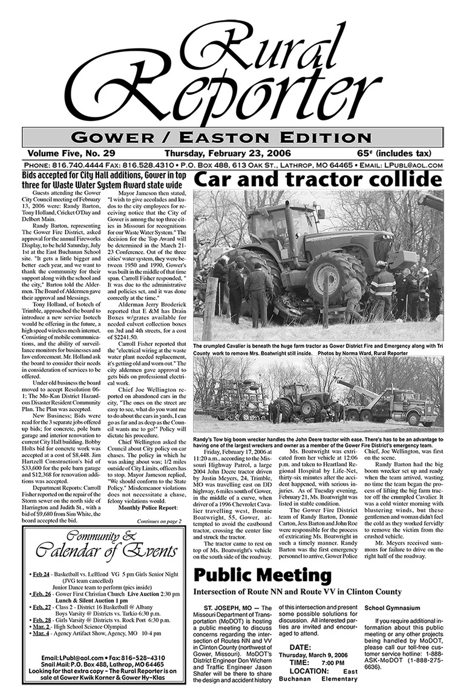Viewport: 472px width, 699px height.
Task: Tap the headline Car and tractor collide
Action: [317, 180]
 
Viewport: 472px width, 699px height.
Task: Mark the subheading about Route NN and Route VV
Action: [297, 591]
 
